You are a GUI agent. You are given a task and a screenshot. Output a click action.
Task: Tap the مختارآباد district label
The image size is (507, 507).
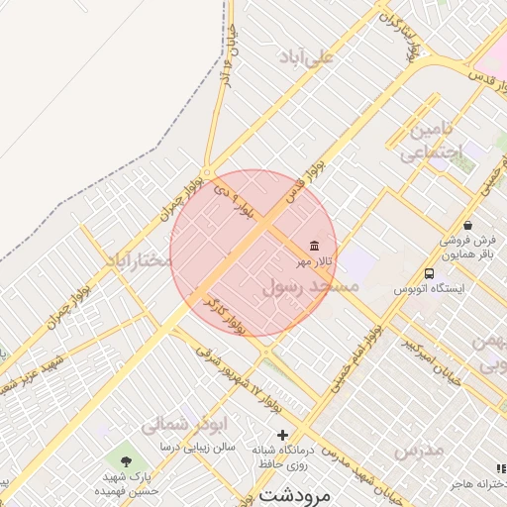tap(140, 259)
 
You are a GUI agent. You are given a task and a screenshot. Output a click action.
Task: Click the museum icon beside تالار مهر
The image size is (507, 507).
tap(314, 246)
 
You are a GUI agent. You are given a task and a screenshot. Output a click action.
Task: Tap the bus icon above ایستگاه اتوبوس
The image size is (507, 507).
tap(429, 273)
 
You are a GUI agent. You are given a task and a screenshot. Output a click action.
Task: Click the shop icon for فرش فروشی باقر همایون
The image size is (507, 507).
tap(467, 225)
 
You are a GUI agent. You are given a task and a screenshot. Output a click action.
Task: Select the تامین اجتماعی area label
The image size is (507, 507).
tap(432, 142)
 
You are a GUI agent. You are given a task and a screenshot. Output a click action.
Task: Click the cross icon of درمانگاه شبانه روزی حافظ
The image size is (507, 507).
tap(282, 435)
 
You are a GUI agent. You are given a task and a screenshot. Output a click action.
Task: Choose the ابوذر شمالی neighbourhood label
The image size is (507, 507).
tap(179, 425)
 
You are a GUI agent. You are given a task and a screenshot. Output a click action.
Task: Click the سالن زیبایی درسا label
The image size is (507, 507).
tap(198, 448)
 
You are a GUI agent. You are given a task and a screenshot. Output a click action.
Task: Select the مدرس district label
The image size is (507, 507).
tap(418, 452)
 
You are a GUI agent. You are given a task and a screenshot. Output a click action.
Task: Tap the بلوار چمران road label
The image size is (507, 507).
tap(183, 194)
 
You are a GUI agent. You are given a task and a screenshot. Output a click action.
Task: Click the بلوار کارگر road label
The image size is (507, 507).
tap(224, 313)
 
